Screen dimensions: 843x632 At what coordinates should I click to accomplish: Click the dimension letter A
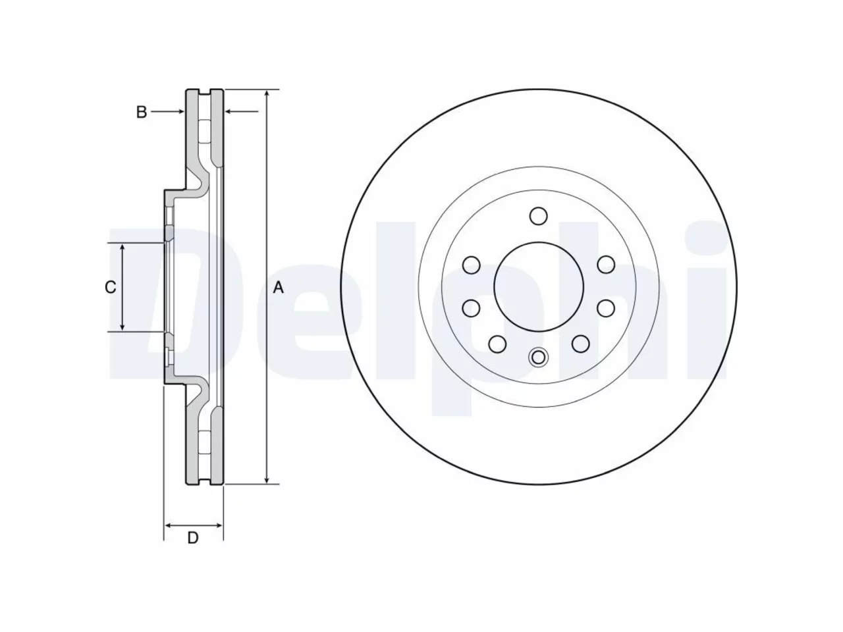coord(278,288)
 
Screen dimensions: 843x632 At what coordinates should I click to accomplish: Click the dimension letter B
coord(142,112)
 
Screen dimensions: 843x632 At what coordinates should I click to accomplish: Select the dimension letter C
coord(110,287)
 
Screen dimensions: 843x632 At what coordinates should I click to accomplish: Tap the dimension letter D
coord(193,538)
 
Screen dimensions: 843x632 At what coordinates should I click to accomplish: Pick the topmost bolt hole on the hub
coord(538,216)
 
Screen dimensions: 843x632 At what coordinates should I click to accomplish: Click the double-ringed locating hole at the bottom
coord(538,357)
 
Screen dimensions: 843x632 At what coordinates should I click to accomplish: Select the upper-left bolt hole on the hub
coord(472,265)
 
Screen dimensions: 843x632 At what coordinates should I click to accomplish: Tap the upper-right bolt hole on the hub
coord(606,265)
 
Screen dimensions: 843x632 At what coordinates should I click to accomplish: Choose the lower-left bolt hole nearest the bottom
coord(497,344)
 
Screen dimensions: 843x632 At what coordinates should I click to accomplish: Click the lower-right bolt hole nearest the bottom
coord(580,344)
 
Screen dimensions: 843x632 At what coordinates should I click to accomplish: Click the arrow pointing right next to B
coord(168,112)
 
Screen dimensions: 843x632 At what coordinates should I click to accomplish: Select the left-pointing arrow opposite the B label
coord(242,112)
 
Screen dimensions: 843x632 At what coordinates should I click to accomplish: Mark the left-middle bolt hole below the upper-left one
coord(472,308)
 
